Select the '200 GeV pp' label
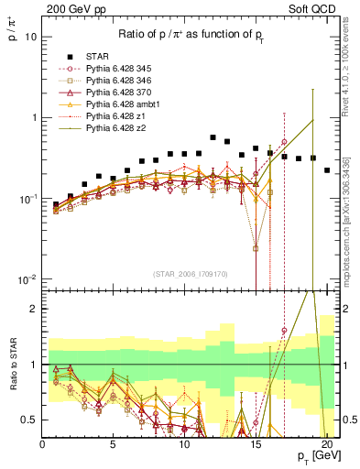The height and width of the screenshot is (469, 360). coord(71,8)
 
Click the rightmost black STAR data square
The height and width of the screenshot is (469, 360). coord(327,169)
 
